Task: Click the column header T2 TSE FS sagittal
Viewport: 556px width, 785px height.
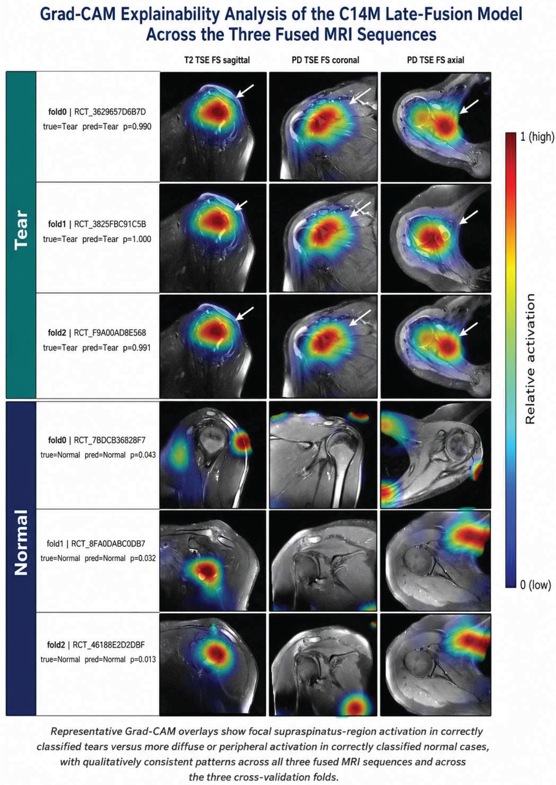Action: pyautogui.click(x=217, y=60)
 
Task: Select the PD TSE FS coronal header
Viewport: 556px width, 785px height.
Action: pyautogui.click(x=325, y=60)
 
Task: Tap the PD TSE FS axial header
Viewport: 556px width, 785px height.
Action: pyautogui.click(x=435, y=60)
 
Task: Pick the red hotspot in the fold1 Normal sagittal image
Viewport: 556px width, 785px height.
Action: pyautogui.click(x=206, y=570)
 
